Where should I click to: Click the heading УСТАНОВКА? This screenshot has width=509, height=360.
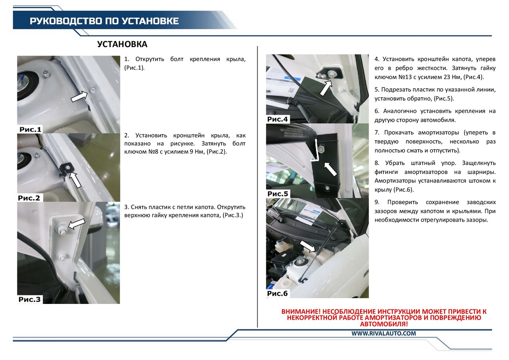point(122,44)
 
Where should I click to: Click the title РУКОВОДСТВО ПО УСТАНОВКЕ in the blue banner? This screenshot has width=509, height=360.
point(104,21)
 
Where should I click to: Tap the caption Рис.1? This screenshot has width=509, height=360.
point(30,129)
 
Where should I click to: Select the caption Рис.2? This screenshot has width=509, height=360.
point(29,198)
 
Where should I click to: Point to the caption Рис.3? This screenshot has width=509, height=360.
point(29,299)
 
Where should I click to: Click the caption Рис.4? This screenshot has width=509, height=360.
point(277,119)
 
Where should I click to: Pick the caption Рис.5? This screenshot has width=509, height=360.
point(278,194)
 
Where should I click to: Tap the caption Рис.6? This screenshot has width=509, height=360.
point(277,293)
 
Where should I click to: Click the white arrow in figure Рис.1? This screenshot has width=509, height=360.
point(79,97)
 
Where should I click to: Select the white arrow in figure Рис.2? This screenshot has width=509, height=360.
point(75,180)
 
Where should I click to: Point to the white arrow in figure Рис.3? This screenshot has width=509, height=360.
point(77,224)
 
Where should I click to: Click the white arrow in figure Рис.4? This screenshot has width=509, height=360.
point(326,88)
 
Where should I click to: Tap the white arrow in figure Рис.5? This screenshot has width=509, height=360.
point(330,169)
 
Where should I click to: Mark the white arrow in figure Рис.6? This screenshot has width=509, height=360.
point(308,246)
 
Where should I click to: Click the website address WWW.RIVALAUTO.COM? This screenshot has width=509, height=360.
point(384,333)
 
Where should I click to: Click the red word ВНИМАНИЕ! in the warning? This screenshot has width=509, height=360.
point(301,312)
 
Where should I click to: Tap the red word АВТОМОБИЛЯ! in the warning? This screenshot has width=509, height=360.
point(384,324)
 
